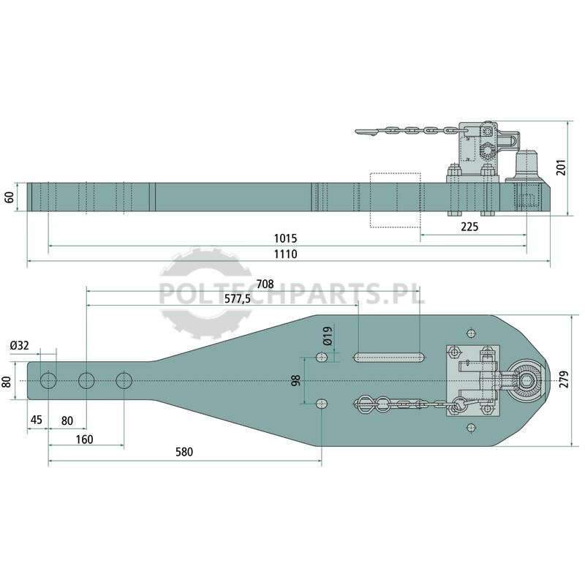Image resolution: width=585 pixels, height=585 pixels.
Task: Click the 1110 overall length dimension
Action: (x=285, y=254)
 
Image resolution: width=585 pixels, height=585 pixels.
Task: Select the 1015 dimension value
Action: (x=285, y=238)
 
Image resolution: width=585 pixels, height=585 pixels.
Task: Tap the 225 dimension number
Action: (x=469, y=227)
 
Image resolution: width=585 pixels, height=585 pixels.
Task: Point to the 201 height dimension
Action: (x=561, y=167)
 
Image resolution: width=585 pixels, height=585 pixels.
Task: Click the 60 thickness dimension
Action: (x=10, y=197)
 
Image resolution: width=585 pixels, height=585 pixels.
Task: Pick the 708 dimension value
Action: (x=265, y=284)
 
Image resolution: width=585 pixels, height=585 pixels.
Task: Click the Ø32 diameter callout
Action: (x=20, y=345)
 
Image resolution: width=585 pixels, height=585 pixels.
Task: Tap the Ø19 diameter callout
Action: (x=328, y=336)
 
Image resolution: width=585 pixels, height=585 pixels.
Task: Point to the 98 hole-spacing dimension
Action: (x=296, y=380)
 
